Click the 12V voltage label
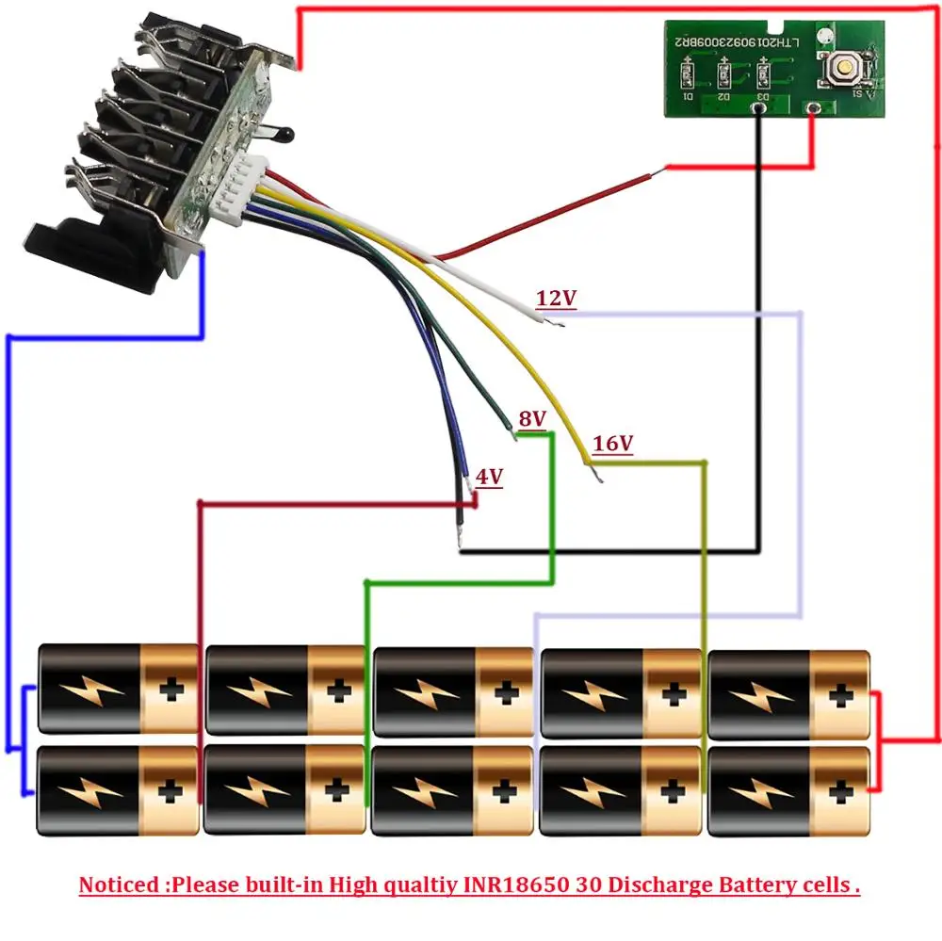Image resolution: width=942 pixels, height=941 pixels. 556,299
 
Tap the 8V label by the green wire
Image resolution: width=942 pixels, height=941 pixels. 532,417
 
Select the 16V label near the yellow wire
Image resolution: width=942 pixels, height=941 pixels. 612,443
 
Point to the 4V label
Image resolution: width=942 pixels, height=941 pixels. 488,477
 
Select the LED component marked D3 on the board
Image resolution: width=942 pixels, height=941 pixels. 763,73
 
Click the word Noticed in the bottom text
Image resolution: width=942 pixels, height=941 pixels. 118,885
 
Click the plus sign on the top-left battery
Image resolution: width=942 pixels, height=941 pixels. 171,691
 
